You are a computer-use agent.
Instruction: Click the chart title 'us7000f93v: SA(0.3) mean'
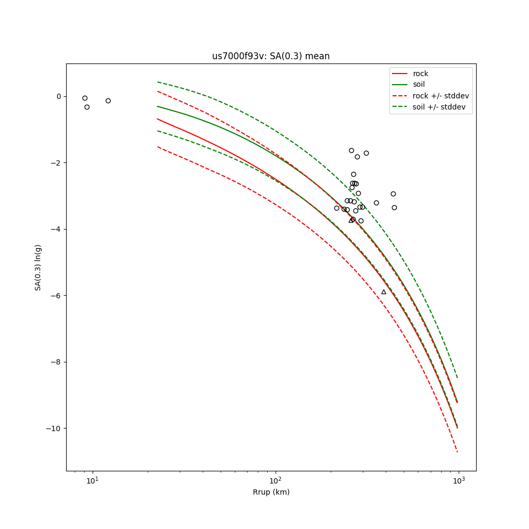(271, 56)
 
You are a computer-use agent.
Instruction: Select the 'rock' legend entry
(421, 74)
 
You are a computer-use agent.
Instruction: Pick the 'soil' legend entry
(419, 84)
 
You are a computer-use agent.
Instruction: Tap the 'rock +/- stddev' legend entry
(441, 96)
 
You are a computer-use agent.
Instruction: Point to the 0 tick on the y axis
(59, 96)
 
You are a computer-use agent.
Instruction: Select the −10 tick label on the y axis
(54, 428)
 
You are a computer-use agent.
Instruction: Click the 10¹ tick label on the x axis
(93, 480)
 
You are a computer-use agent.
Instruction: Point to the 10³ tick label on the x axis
(459, 480)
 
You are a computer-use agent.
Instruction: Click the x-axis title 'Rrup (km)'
(271, 492)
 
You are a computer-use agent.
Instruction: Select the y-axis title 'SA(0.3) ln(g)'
(38, 267)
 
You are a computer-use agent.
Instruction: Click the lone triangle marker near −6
(384, 292)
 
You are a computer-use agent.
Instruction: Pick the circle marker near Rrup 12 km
(108, 101)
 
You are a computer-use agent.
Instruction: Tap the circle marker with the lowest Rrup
(85, 98)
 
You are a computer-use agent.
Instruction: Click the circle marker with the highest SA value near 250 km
(351, 150)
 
